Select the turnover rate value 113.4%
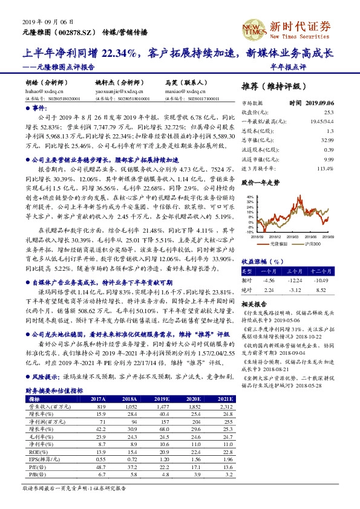pos(324,168)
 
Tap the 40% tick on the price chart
pos(249,197)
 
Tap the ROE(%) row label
pos(37,453)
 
